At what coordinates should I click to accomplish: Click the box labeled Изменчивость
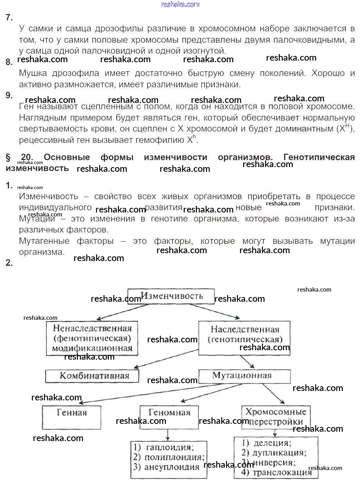(x=171, y=296)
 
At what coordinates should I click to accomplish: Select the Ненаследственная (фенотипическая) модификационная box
(x=92, y=338)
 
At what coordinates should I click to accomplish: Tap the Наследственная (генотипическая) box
(x=244, y=338)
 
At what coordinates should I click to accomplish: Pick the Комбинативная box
(x=92, y=376)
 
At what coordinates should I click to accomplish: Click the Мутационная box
(x=244, y=376)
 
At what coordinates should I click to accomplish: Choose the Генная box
(x=72, y=417)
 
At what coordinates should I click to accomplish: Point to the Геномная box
(x=169, y=417)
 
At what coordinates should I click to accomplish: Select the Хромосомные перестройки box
(x=276, y=417)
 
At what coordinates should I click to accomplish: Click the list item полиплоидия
(x=174, y=457)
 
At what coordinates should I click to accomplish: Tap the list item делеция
(x=272, y=443)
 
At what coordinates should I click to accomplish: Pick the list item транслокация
(x=282, y=472)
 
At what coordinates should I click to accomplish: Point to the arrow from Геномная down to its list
(x=168, y=434)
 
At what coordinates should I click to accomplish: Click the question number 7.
(x=9, y=17)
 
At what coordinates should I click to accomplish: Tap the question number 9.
(x=9, y=95)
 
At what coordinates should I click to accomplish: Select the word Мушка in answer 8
(x=33, y=73)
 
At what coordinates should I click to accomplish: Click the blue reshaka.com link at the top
(x=180, y=4)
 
